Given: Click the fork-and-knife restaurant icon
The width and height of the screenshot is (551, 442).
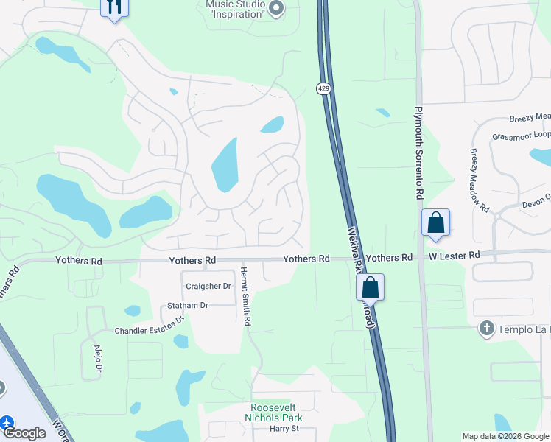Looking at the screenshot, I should coord(114,7).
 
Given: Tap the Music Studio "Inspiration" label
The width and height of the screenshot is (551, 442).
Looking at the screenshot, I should coord(234,9).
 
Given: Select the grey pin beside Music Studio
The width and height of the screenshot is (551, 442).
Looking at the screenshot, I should coord(277,9).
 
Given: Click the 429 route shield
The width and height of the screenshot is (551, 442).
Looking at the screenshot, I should coord(323,88).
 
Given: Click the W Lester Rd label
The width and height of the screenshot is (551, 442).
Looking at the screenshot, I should coord(455,255).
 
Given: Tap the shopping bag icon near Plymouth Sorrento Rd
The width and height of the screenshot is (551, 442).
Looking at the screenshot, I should coord(435,222).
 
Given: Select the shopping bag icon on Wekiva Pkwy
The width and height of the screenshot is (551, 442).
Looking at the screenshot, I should coord(370,287).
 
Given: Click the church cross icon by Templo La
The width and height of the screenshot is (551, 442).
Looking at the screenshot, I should coord(485,329).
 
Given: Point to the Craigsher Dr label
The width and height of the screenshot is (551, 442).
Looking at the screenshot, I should coord(208,286).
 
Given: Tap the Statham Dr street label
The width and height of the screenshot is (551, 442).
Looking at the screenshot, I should coord(188,305).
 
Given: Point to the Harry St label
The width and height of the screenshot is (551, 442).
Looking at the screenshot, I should coord(284,429).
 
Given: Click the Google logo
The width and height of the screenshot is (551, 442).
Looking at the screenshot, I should coord(24,433).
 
